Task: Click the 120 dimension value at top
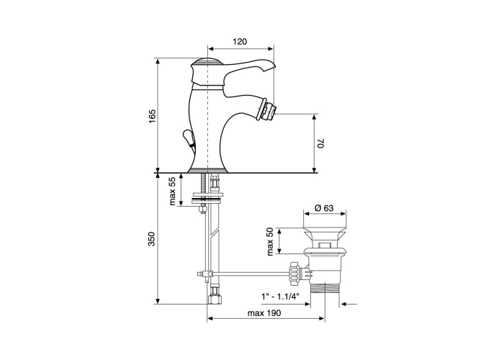240,42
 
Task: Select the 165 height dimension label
152,116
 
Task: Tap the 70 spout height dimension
321,143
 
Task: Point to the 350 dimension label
152,239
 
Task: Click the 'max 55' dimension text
172,192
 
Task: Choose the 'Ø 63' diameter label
324,208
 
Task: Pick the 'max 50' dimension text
270,241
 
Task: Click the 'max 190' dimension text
264,313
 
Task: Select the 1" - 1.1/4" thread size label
280,296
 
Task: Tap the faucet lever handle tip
272,66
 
